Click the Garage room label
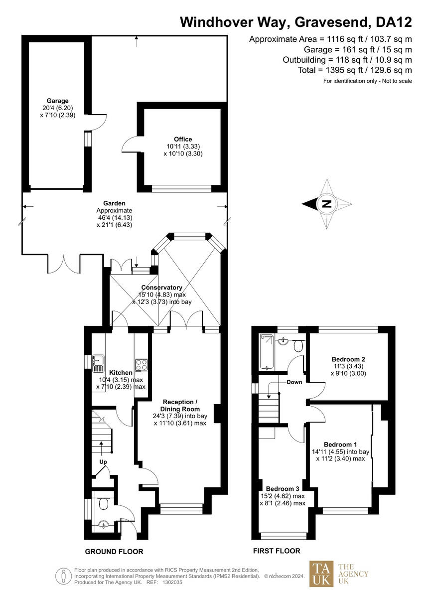58,101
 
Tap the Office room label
183,139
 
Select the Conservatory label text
161,288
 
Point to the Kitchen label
121,372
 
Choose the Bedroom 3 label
282,488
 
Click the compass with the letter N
327,203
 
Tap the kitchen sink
98,363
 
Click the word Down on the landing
294,382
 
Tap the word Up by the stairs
103,462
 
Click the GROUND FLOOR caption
114,552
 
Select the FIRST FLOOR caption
277,551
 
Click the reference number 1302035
172,582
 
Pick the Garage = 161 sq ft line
358,49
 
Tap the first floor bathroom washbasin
284,341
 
